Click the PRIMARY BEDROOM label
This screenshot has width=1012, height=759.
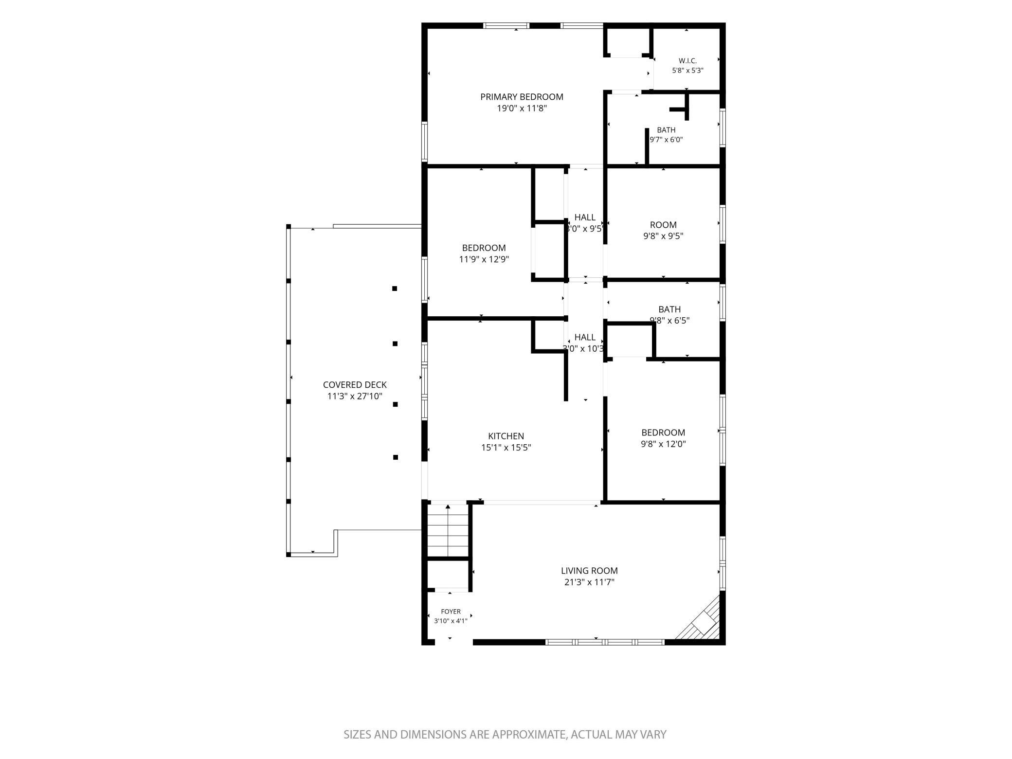click(x=522, y=97)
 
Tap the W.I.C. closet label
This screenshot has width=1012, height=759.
click(x=687, y=61)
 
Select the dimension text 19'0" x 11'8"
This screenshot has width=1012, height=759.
click(x=522, y=108)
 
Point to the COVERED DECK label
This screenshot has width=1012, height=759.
click(x=355, y=385)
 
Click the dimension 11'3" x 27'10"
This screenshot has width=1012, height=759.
click(x=355, y=397)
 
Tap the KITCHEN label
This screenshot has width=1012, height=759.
click(x=506, y=436)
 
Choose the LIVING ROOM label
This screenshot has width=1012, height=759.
click(x=589, y=571)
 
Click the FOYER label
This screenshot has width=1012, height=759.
click(x=451, y=612)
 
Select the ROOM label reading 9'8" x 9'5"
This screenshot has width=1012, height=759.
click(x=663, y=225)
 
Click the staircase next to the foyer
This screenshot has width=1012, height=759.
click(x=448, y=530)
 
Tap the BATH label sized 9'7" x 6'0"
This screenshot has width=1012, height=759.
click(x=666, y=130)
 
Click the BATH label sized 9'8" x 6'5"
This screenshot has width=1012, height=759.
click(x=669, y=309)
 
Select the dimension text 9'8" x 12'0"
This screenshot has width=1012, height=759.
click(x=663, y=444)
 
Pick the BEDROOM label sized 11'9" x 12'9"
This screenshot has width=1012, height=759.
click(x=484, y=248)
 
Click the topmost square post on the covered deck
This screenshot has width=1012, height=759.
click(x=395, y=289)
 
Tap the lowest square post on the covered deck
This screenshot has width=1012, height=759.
click(x=396, y=457)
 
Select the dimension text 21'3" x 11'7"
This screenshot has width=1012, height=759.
click(x=589, y=582)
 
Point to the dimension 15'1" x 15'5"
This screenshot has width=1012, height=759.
click(x=506, y=448)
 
